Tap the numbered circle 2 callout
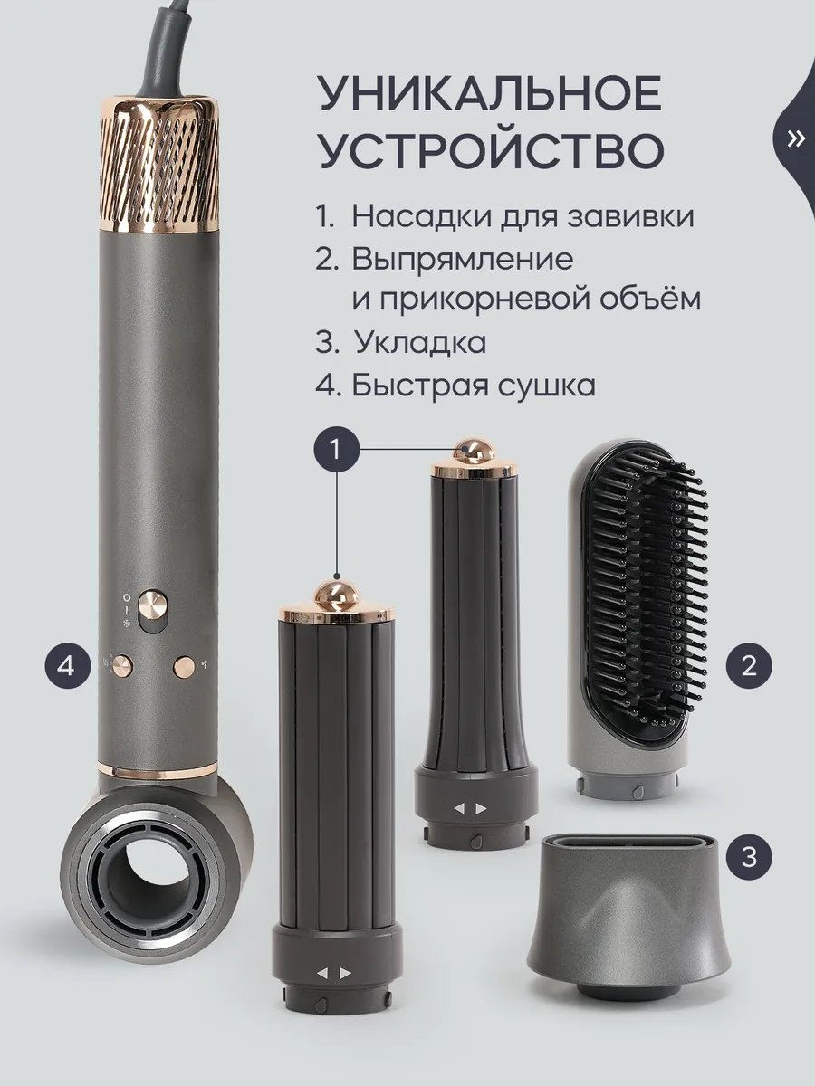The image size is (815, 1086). coord(749,665)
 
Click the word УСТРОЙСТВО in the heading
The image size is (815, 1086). coord(492,148)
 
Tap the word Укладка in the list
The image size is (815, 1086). coord(420,342)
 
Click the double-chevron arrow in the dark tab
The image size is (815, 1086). coord(795,139)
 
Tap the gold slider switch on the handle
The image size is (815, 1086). coord(153,605)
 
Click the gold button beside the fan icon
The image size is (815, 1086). coord(184,666)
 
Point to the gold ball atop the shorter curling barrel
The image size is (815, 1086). coord(337,595)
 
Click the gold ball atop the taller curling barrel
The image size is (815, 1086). coord(475,451)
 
